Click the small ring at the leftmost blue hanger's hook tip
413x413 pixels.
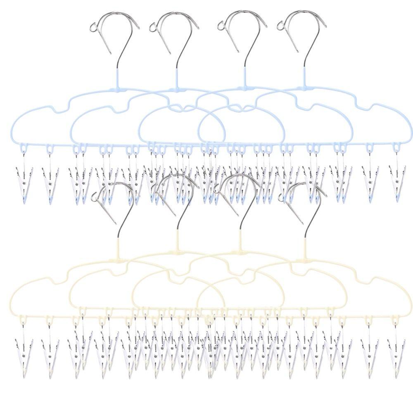point(93,28)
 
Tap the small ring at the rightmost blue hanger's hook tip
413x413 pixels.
point(281,26)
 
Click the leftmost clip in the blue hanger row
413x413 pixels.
point(23,180)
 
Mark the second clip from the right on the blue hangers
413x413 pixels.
point(370,180)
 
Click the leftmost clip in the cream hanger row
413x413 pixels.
point(23,347)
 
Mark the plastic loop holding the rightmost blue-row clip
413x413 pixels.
point(396,148)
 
